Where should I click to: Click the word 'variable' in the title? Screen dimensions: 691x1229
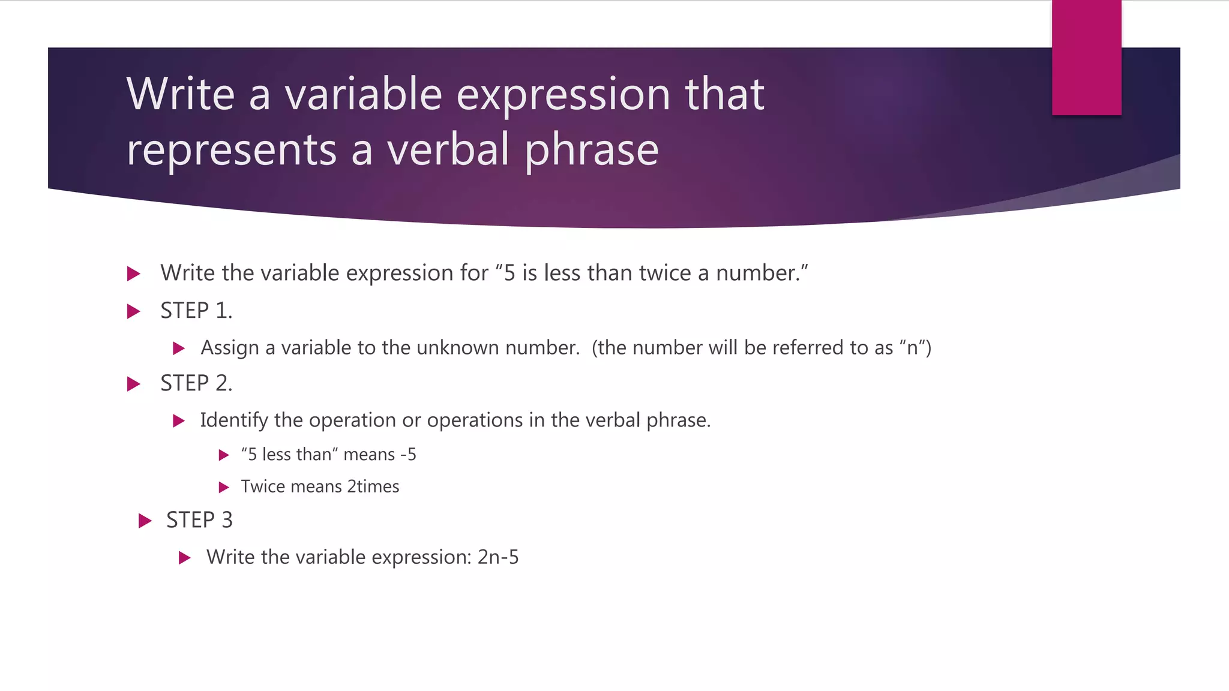363,94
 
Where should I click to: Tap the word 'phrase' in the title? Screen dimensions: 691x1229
592,150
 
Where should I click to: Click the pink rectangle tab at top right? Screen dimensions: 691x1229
1086,58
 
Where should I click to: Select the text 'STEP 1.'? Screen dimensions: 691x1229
196,311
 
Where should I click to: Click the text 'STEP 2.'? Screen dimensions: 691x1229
196,383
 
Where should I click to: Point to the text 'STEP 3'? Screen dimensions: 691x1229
199,520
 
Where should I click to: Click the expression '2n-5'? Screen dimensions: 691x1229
498,557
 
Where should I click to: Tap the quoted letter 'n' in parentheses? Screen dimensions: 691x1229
912,348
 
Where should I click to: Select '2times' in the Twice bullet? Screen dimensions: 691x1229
373,486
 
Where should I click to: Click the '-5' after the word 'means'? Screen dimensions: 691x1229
408,455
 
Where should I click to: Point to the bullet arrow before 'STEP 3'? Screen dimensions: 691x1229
145,521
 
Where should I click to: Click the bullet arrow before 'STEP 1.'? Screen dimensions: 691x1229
134,311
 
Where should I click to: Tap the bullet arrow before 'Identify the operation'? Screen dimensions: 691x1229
179,421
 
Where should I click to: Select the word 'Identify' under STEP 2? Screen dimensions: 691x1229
233,420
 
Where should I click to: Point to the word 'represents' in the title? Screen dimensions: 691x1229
232,150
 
